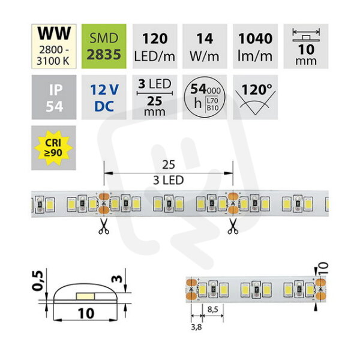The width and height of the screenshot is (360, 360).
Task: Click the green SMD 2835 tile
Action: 104,46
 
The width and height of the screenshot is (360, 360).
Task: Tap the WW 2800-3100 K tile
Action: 54,46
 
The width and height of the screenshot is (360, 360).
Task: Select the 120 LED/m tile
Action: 155,46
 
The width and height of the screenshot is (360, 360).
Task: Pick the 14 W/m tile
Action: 205,46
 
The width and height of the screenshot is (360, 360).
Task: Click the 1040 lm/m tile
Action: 256,46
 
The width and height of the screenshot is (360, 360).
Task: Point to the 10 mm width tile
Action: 306,46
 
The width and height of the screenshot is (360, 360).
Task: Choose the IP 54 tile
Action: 54,97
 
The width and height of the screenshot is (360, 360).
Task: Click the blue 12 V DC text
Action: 104,98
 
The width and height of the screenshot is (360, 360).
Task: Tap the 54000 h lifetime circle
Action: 205,97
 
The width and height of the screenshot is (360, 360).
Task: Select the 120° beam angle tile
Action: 256,97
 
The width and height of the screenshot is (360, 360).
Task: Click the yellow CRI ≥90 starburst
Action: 53,148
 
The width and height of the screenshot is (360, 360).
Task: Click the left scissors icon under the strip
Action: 104,226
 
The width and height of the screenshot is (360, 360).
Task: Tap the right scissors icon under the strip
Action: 233,226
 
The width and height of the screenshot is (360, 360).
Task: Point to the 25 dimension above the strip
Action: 169,165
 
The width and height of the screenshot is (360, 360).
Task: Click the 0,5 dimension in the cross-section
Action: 38,281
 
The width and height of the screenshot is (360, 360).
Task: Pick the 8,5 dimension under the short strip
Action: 212,310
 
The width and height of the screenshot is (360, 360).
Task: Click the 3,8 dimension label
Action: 196,327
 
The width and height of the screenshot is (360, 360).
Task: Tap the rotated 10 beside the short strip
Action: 323,269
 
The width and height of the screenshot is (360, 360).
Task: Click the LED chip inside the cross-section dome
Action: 85,296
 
